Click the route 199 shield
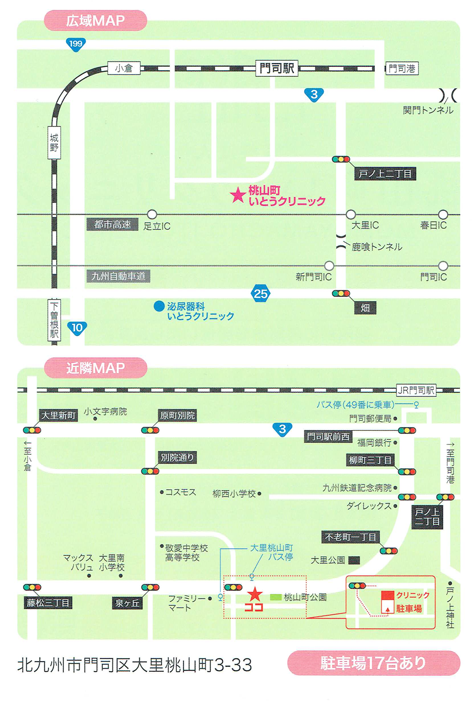click(x=75, y=44)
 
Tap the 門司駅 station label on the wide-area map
click(x=276, y=68)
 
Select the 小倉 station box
click(x=124, y=68)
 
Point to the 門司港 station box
click(x=402, y=69)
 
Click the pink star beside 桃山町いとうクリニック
click(x=237, y=195)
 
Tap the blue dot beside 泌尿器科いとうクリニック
click(x=159, y=306)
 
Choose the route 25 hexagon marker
click(x=261, y=294)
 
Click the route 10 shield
click(x=77, y=328)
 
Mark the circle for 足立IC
click(x=152, y=215)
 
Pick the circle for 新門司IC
click(x=329, y=265)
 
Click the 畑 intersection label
click(x=365, y=308)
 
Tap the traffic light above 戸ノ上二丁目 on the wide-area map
click(x=341, y=160)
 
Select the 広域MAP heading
click(x=95, y=21)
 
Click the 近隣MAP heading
click(x=95, y=368)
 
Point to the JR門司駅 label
click(x=416, y=390)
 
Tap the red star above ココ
click(x=255, y=593)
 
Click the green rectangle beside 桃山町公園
click(x=275, y=597)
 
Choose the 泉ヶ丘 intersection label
click(x=128, y=603)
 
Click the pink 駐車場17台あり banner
click(x=374, y=663)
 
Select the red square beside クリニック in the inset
click(x=388, y=595)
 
